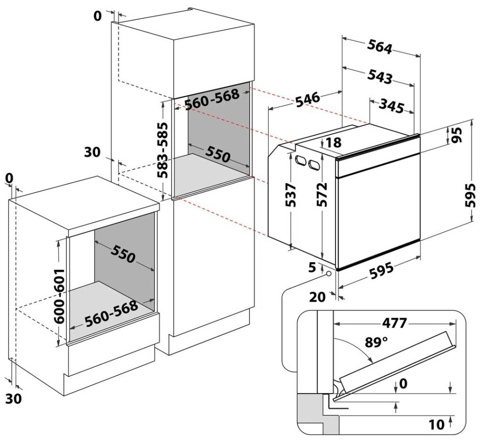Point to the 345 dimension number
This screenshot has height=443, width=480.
pos(391,105)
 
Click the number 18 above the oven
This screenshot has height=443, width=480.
pos(334,143)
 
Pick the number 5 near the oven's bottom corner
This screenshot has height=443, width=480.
pos(312,267)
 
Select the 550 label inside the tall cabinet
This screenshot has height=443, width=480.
pos(218,154)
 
